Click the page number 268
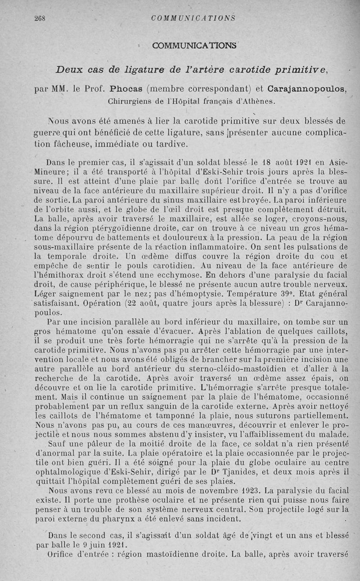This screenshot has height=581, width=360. (x=41, y=18)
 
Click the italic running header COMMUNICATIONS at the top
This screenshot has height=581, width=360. (x=193, y=18)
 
